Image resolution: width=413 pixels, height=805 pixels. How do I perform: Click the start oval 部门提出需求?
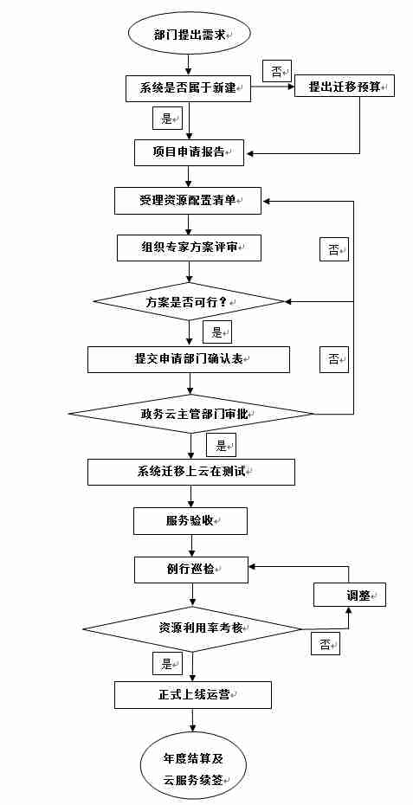pyautogui.click(x=189, y=35)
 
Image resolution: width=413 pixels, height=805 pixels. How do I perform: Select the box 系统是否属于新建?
pyautogui.click(x=188, y=87)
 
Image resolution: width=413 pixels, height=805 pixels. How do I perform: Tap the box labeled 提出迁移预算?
pyautogui.click(x=344, y=86)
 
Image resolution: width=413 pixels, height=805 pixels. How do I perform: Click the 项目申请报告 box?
pyautogui.click(x=189, y=151)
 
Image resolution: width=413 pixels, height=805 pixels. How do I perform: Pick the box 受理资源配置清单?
pyautogui.click(x=188, y=200)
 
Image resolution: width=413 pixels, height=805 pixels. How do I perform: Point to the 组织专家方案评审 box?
pyautogui.click(x=189, y=248)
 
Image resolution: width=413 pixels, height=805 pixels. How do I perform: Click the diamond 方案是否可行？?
pyautogui.click(x=189, y=301)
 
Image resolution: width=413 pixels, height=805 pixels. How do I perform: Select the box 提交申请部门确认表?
pyautogui.click(x=188, y=359)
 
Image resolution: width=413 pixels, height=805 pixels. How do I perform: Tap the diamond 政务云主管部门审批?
pyautogui.click(x=191, y=414)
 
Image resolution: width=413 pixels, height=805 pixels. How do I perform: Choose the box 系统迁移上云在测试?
pyautogui.click(x=190, y=472)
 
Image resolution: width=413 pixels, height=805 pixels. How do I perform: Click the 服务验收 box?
pyautogui.click(x=190, y=521)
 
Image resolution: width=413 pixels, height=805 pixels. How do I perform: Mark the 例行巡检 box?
pyautogui.click(x=190, y=569)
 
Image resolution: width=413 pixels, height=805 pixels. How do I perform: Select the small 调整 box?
pyautogui.click(x=348, y=596)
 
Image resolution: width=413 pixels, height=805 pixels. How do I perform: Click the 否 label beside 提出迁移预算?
pyautogui.click(x=277, y=71)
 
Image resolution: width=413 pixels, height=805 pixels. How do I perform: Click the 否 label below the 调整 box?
pyautogui.click(x=325, y=644)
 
